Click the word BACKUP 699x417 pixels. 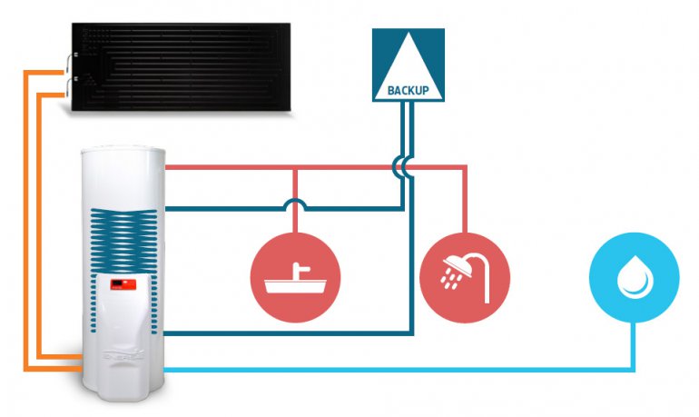(x=408, y=91)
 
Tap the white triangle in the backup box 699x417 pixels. (x=409, y=72)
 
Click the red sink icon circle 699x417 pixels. (x=295, y=277)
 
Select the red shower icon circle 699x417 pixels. (x=465, y=277)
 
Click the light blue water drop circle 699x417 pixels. (x=634, y=277)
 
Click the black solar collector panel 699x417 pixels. (x=181, y=67)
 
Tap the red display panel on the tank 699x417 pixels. (x=123, y=284)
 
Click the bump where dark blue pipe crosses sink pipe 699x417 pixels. (x=295, y=204)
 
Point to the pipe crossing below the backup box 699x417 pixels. (x=403, y=167)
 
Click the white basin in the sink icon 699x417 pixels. (x=295, y=286)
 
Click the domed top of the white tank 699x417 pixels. (x=123, y=152)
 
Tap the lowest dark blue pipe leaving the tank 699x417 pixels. (x=289, y=333)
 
